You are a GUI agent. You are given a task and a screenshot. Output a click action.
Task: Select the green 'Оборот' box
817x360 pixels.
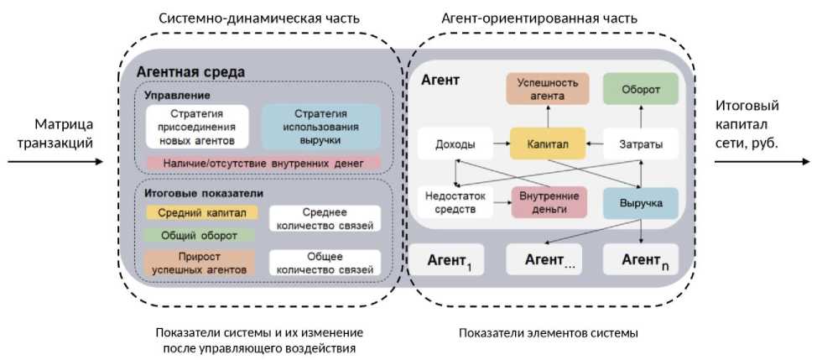640,89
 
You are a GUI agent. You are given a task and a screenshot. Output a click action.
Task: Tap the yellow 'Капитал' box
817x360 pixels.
548,144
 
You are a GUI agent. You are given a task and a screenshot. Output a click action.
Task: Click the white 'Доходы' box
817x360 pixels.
455,144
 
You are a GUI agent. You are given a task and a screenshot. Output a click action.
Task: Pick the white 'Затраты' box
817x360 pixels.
640,144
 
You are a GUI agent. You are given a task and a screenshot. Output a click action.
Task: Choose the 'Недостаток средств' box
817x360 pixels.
455,202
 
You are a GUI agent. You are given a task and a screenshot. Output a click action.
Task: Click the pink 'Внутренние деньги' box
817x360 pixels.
546,202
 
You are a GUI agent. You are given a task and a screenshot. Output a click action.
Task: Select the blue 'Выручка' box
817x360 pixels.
641,203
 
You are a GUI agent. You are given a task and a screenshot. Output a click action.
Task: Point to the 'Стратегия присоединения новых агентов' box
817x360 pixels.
196,126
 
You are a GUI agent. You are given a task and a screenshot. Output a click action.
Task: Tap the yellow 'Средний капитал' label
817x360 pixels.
196,212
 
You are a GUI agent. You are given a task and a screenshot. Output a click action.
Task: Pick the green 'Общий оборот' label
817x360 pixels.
196,236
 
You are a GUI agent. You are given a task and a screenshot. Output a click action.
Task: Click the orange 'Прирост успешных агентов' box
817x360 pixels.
196,263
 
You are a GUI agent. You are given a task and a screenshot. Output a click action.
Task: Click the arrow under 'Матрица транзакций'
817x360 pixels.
60,159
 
